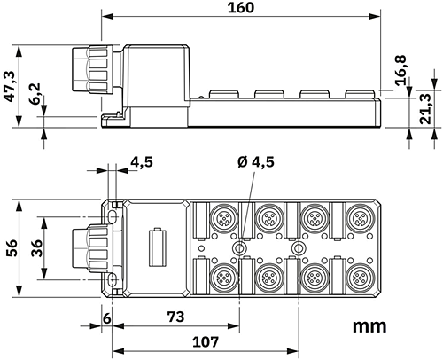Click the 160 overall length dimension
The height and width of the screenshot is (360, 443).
240,8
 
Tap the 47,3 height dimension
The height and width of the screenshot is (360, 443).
10,86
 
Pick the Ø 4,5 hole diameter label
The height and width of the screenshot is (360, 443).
256,161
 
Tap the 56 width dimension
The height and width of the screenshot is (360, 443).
10,247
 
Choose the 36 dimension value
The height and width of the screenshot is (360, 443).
36,247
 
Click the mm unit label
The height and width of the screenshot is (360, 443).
369,325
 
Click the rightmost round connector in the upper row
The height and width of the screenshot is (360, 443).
358,217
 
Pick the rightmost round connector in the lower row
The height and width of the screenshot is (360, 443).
358,277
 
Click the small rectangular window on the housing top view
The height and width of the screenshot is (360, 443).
159,247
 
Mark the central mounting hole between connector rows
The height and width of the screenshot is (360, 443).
238,247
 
